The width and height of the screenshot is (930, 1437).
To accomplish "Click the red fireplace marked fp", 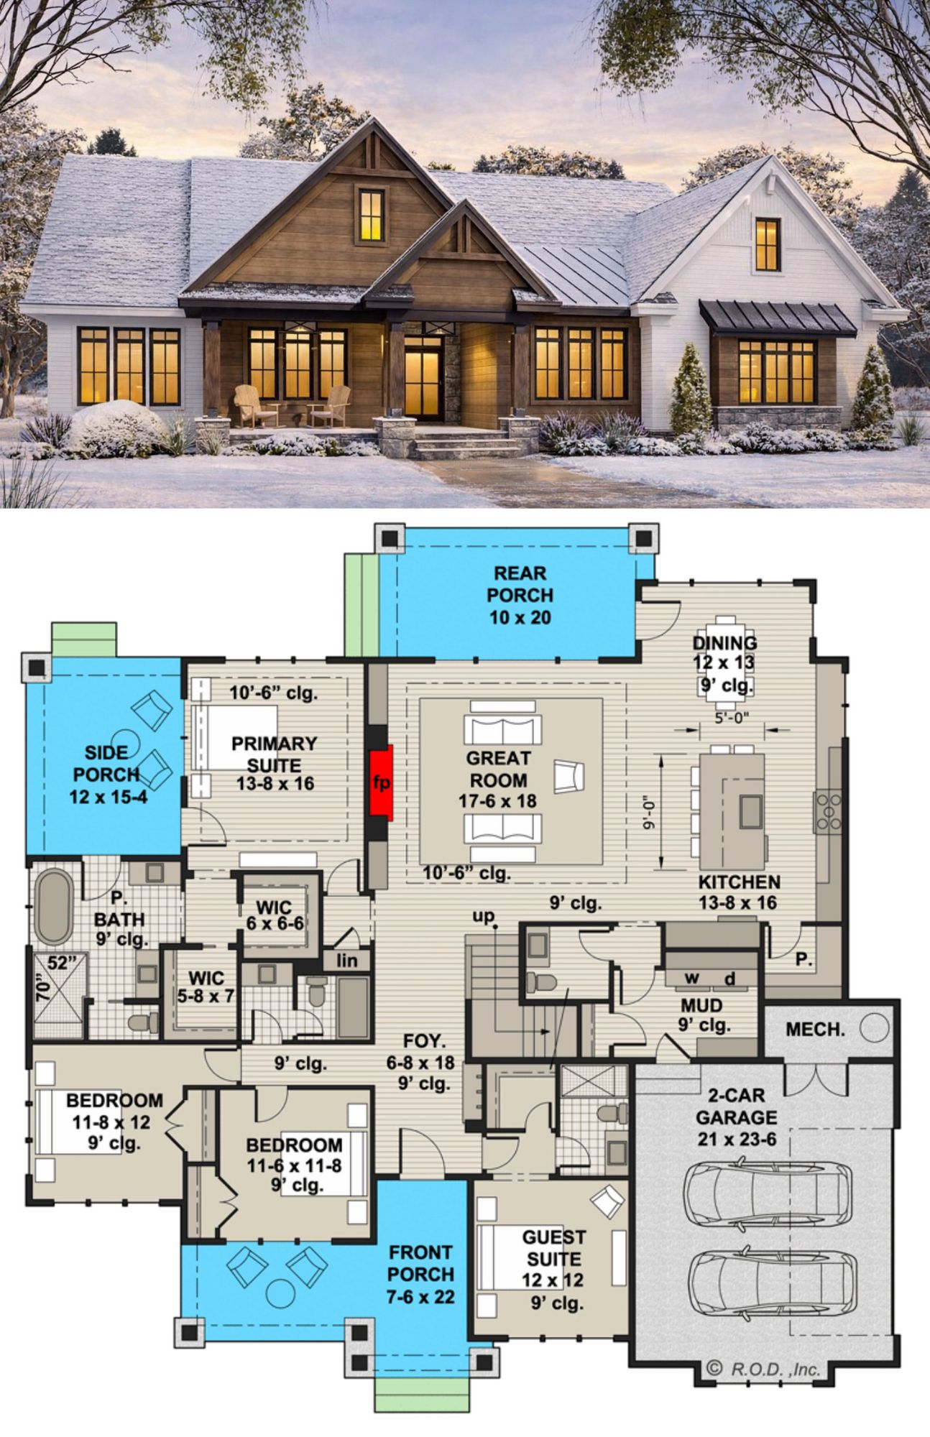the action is [x=382, y=782].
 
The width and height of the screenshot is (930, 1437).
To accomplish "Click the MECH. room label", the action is [x=815, y=1030].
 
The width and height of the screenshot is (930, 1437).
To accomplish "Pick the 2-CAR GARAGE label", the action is [x=737, y=1107].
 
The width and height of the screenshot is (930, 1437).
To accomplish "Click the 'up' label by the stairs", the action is [x=484, y=915].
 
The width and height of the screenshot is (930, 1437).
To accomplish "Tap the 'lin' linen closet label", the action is [x=347, y=960].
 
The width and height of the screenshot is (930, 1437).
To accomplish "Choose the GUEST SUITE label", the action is [x=553, y=1247].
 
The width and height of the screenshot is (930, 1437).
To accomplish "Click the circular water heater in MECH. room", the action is [x=874, y=1029].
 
